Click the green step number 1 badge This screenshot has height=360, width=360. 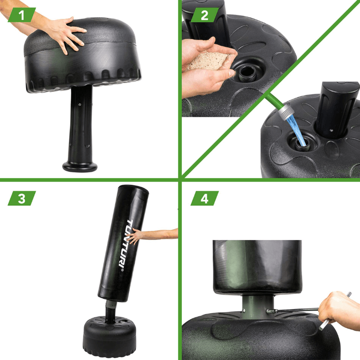[22, 15]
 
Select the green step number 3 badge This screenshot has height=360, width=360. [22, 198]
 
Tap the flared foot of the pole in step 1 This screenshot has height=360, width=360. [80, 166]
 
